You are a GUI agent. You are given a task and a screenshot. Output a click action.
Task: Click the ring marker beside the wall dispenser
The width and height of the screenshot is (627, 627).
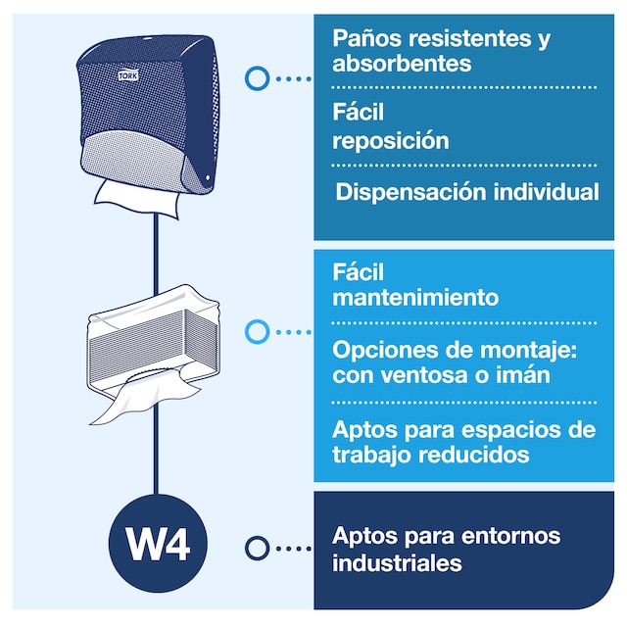coord(257,77)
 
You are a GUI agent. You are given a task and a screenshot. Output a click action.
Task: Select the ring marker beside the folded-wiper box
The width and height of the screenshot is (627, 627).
coord(257,332)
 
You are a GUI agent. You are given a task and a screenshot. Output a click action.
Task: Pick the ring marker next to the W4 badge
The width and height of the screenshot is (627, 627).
coord(257,548)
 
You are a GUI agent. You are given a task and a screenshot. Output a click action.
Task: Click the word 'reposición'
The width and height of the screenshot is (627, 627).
coord(391,140)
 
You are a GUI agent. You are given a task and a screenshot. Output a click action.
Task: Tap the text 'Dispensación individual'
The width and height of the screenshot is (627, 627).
coord(466,192)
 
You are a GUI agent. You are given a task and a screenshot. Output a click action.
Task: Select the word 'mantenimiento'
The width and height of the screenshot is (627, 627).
coord(415,297)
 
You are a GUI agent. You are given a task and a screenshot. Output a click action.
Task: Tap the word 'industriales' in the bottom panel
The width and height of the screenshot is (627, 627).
coord(397,563)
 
